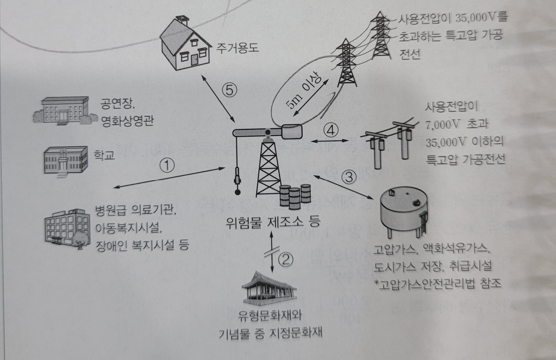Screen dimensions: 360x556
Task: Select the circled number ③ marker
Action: (349, 176)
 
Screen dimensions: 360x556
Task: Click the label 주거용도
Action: (238, 48)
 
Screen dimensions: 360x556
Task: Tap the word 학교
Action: (104, 155)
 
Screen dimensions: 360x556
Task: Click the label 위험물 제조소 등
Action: (273, 223)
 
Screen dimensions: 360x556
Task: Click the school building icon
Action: (66, 160)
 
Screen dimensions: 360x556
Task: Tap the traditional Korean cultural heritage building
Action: (270, 289)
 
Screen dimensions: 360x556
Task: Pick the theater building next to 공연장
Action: (61, 111)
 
